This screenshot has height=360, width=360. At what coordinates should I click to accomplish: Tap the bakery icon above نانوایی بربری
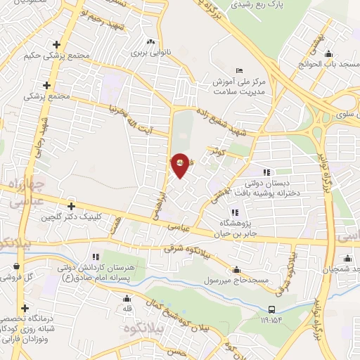point(150,40)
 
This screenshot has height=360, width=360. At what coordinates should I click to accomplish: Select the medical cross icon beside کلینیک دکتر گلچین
point(70,207)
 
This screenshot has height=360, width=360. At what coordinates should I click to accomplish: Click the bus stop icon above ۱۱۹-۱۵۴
point(271,309)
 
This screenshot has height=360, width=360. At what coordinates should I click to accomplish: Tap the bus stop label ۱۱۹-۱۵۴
point(271,319)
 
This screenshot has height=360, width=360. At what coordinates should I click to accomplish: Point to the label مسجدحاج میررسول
point(237,281)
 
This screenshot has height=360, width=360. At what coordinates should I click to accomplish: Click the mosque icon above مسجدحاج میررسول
point(237,269)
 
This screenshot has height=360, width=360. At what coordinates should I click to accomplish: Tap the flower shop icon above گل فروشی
point(15,266)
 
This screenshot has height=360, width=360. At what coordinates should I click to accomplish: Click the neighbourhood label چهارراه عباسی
point(20,193)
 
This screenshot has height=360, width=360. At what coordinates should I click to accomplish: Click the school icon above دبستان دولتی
point(266,172)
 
